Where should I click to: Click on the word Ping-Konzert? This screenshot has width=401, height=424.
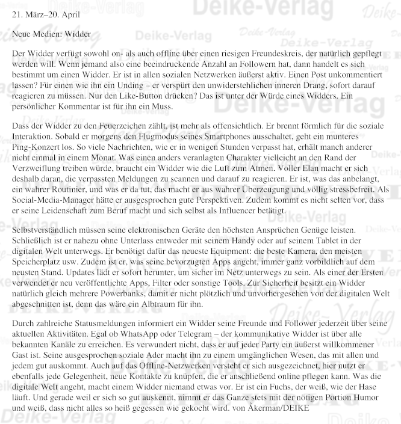[37, 147]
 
